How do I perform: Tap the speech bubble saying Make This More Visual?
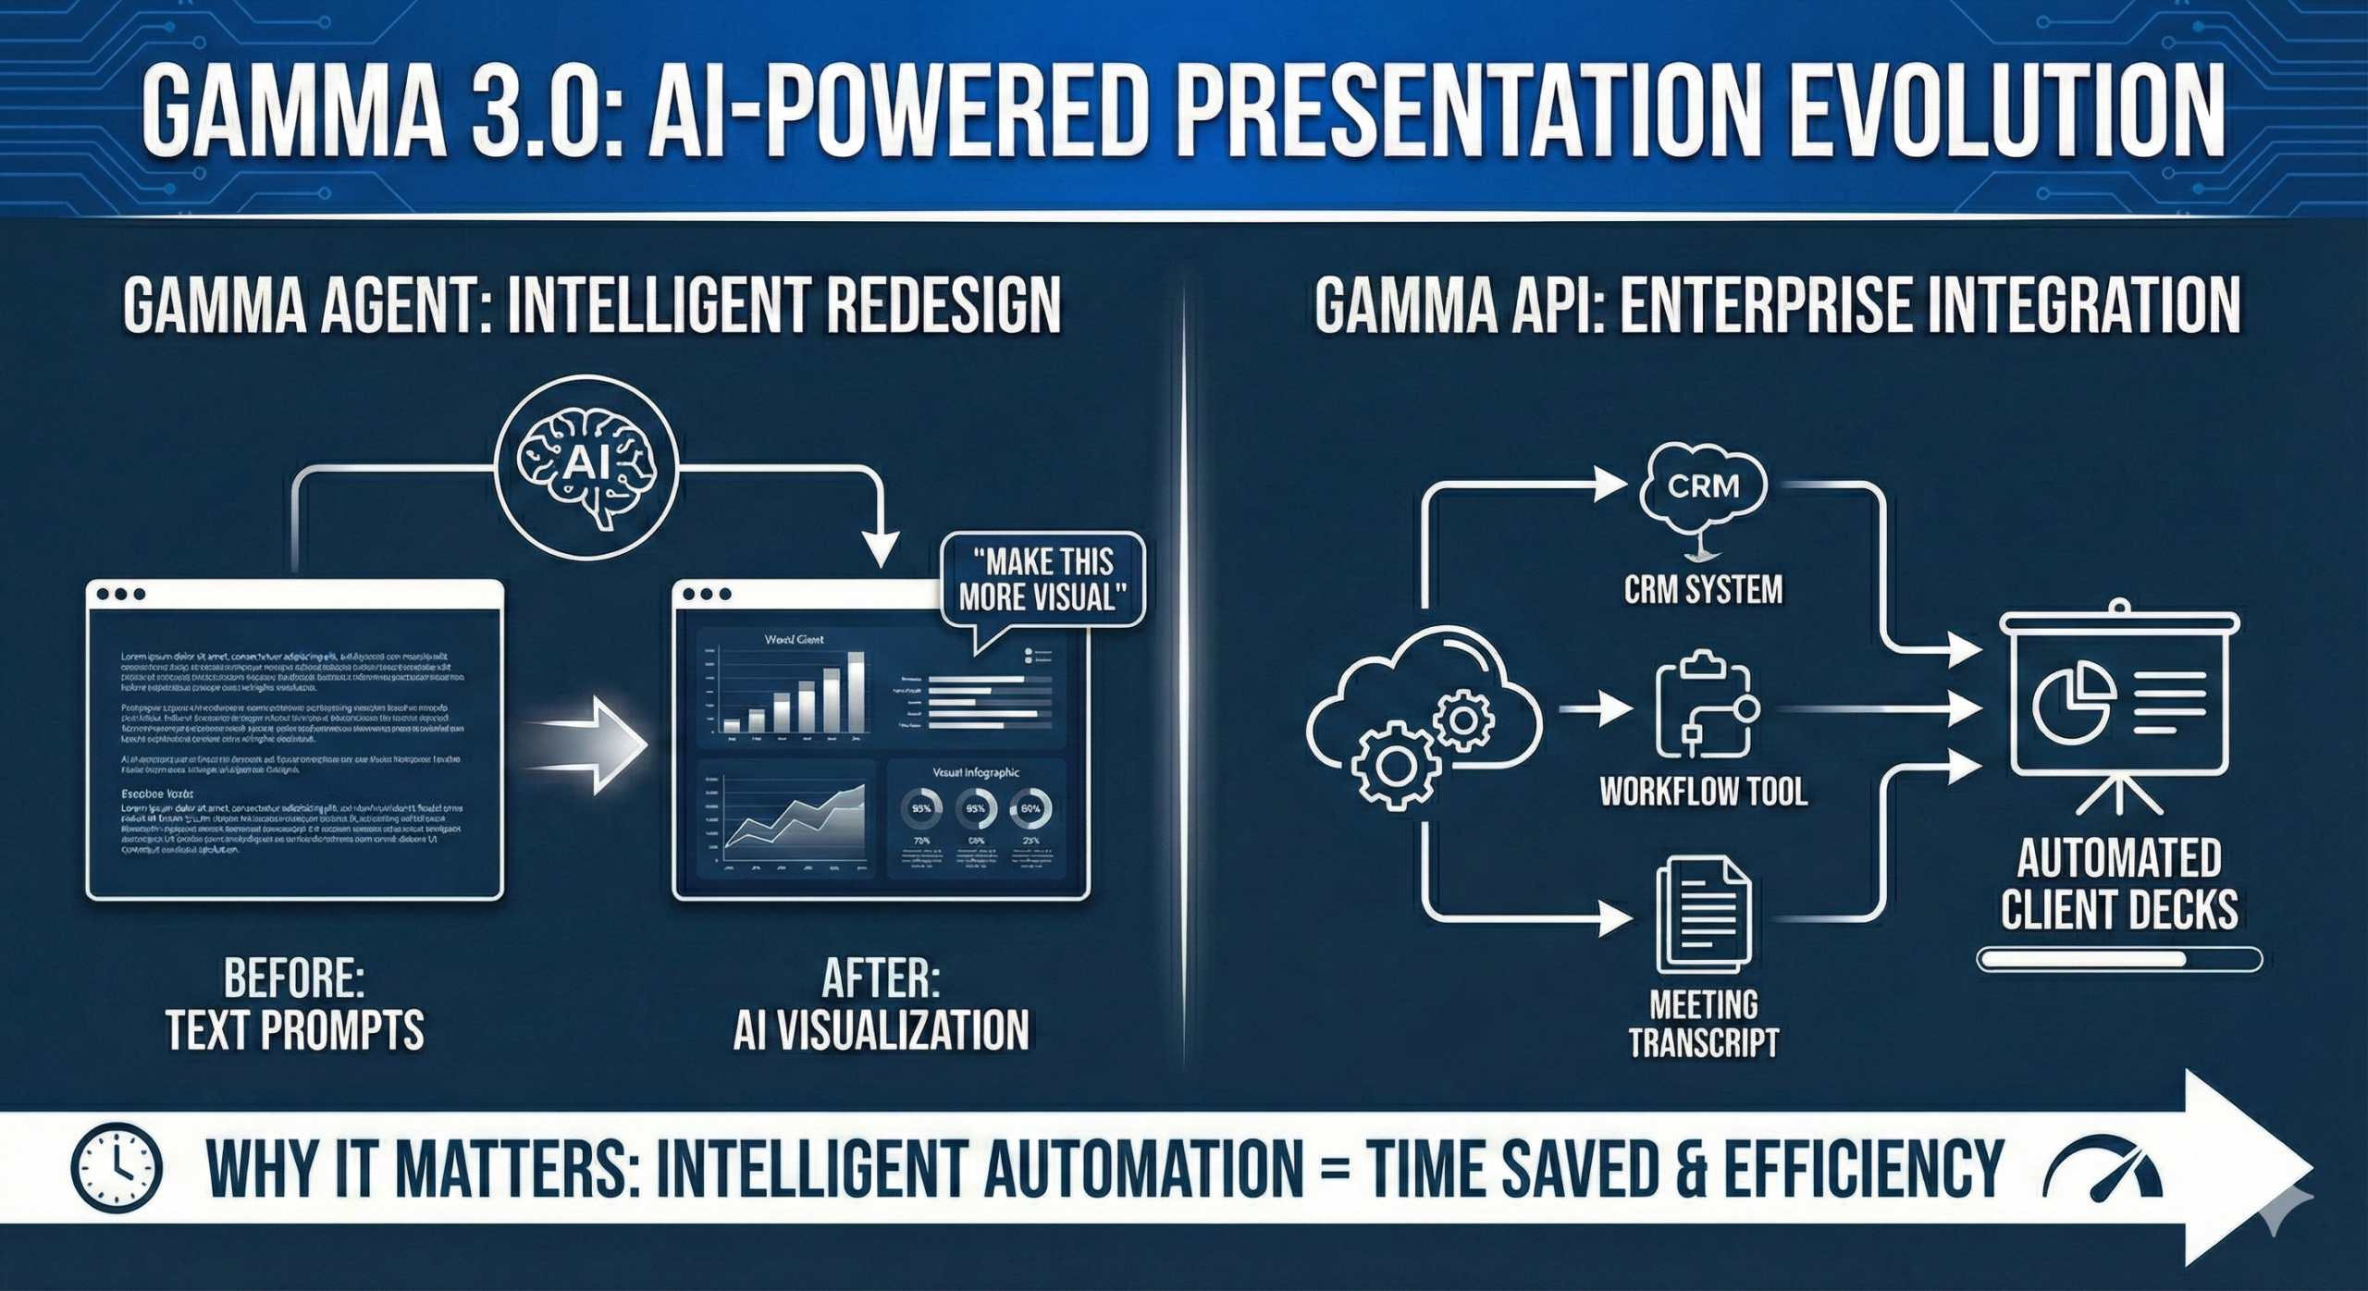1042,581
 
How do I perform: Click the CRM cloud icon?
1703,486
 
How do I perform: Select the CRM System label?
1703,589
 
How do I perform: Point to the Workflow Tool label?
1703,792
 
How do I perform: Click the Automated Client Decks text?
2118,884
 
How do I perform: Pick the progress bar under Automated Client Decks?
2118,959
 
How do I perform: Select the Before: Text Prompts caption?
294,1005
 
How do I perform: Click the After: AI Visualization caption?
881,1005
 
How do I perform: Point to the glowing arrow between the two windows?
592,745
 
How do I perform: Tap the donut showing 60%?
1030,808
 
